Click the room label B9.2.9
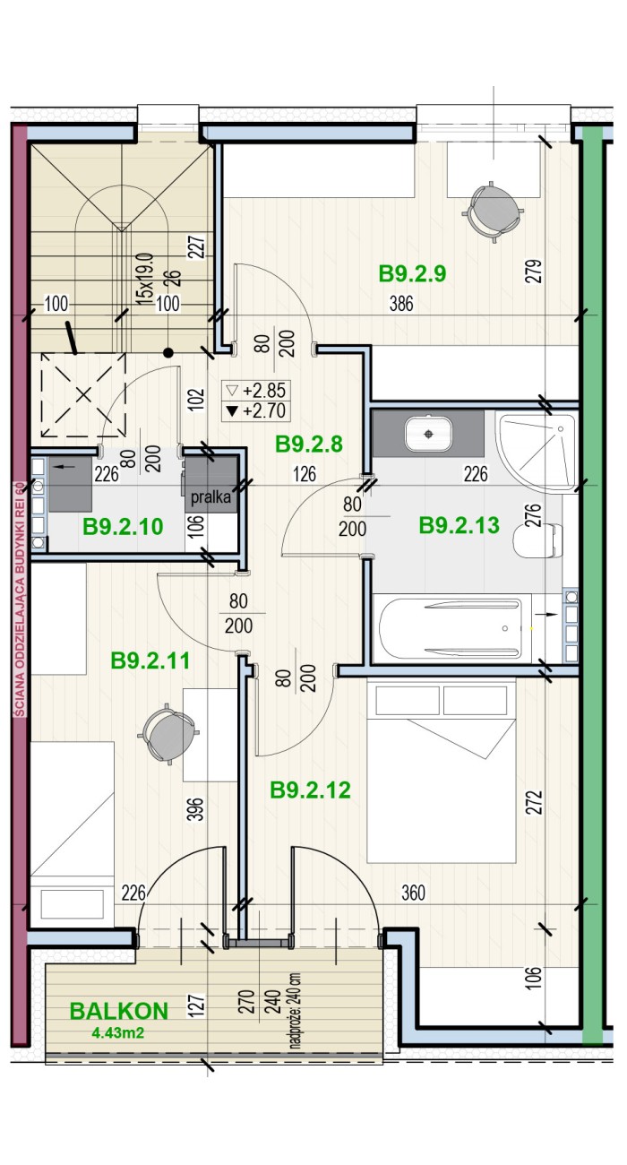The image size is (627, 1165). click(412, 273)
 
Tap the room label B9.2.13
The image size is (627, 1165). click(460, 525)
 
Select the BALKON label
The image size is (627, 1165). click(119, 1011)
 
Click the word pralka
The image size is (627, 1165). click(210, 496)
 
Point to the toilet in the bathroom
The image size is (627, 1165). click(537, 540)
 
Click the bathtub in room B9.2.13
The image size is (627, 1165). click(451, 628)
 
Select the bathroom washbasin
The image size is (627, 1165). click(428, 434)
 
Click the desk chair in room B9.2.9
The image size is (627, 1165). click(492, 211)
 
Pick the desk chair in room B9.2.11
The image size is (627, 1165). click(167, 733)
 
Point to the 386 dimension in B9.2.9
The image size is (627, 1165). click(401, 304)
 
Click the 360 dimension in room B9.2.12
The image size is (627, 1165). click(413, 893)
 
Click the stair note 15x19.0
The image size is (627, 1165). click(144, 279)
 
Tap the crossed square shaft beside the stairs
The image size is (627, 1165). click(83, 395)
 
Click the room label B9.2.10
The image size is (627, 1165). click(124, 527)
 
